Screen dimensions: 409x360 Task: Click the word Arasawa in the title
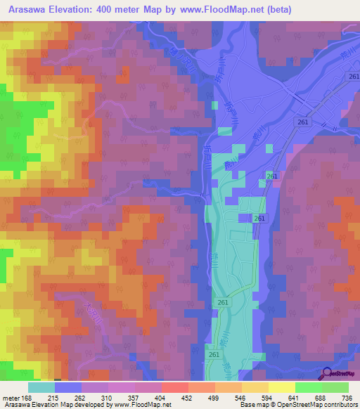click(32, 10)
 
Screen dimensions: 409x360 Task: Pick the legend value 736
click(346, 398)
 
